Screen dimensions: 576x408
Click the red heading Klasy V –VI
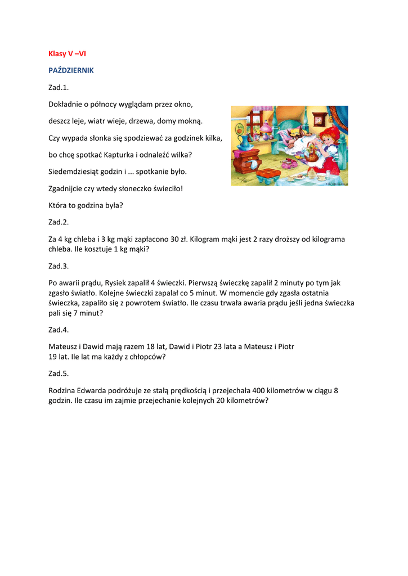(x=67, y=54)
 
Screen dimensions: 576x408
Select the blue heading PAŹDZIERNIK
(x=71, y=71)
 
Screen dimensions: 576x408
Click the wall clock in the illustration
(x=319, y=119)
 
